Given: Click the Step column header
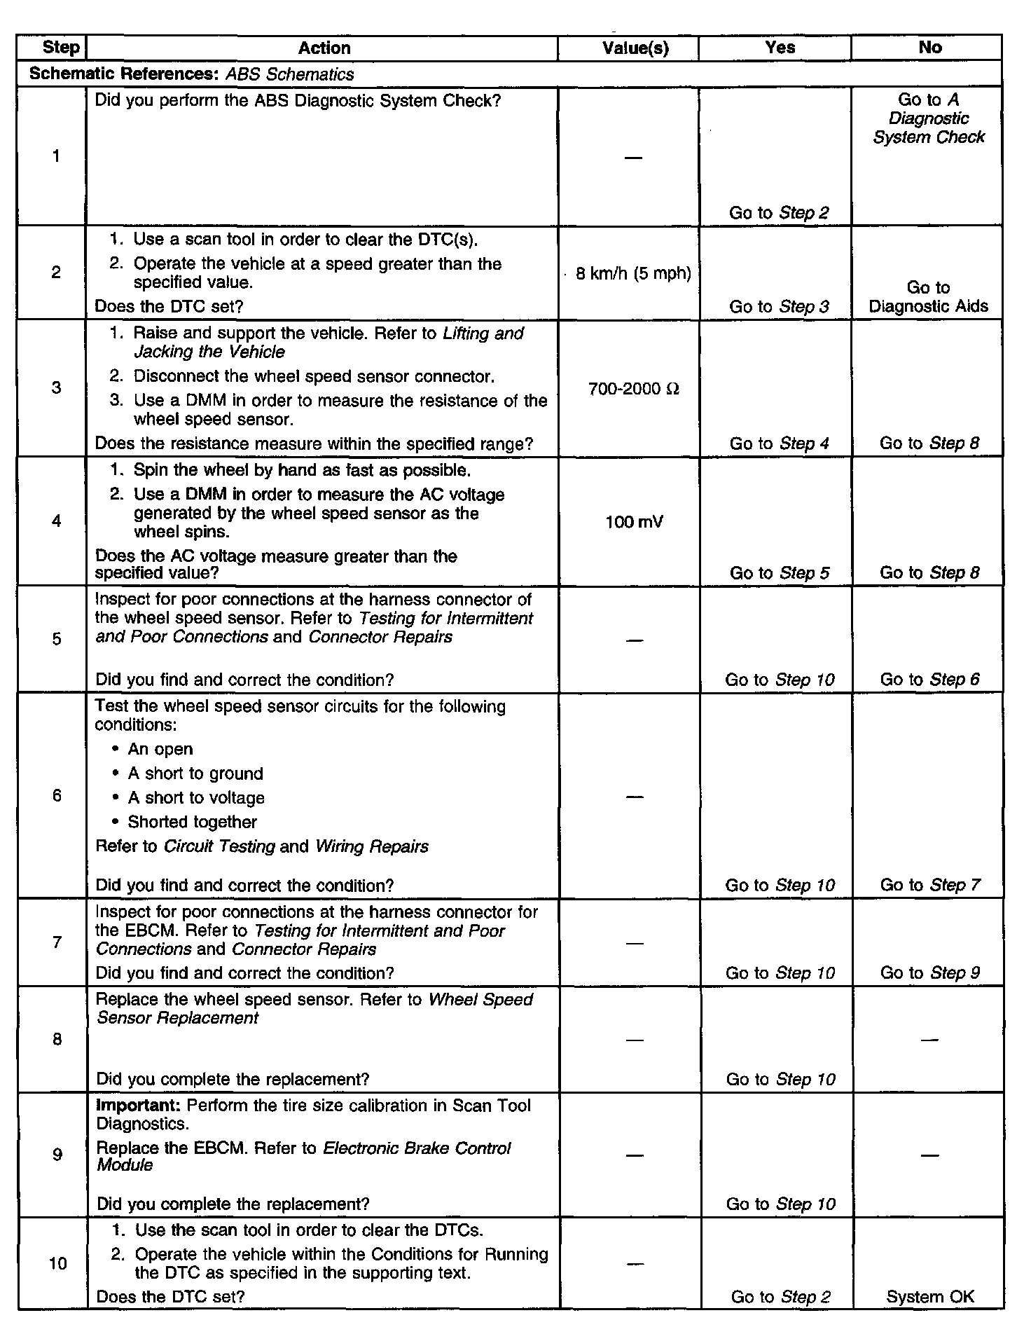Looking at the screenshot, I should pos(61,48).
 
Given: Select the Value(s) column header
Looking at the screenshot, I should pos(635,48).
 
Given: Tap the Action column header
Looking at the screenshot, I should pos(324,48).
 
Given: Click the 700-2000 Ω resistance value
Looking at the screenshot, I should pos(634,389).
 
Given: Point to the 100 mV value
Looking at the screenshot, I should pos(634,522).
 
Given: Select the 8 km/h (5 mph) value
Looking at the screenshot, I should pos(633,273).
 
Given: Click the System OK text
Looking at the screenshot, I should pos(929,1297).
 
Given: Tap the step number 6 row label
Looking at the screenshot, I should pos(57,795).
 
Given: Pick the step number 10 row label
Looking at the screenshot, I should pos(58,1263).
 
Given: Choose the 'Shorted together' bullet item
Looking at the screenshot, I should pos(192,822).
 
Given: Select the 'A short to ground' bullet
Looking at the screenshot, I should pos(195,773).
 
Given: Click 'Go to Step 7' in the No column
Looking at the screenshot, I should pos(929,885).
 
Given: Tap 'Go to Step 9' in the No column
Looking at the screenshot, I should pos(929,972).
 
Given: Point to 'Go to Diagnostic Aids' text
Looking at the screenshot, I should pos(928,297).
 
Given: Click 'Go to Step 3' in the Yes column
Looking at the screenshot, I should pos(779,306).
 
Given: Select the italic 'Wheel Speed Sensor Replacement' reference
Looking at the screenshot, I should pos(315,1009).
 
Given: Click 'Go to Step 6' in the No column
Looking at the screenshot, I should pos(929,679).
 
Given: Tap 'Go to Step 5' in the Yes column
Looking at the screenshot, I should pos(779,572).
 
